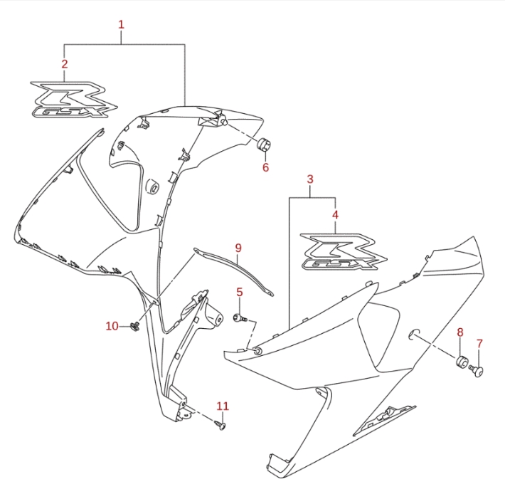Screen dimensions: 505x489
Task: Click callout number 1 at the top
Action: [x=121, y=24]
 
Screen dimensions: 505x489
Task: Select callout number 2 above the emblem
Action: [x=65, y=64]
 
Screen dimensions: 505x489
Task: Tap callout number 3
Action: [x=310, y=179]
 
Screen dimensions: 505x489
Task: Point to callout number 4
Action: [x=335, y=215]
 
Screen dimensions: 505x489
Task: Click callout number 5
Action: [x=240, y=292]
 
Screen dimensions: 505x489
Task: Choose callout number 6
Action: [x=265, y=167]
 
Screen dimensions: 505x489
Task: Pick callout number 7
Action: [x=479, y=344]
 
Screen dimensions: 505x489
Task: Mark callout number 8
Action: [x=460, y=332]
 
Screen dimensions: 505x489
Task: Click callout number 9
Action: [x=238, y=248]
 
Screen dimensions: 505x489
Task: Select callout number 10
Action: [x=112, y=326]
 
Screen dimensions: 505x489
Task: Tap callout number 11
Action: [x=223, y=406]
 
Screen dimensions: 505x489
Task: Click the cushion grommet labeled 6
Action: [x=264, y=143]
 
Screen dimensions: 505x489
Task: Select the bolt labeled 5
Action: [x=240, y=318]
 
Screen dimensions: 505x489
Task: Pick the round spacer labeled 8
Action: [x=462, y=360]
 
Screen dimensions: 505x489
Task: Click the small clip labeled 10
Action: [x=134, y=326]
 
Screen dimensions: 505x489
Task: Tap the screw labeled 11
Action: [x=220, y=424]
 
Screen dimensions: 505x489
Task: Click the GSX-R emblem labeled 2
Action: [x=74, y=100]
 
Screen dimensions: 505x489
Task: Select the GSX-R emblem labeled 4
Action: [x=344, y=251]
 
